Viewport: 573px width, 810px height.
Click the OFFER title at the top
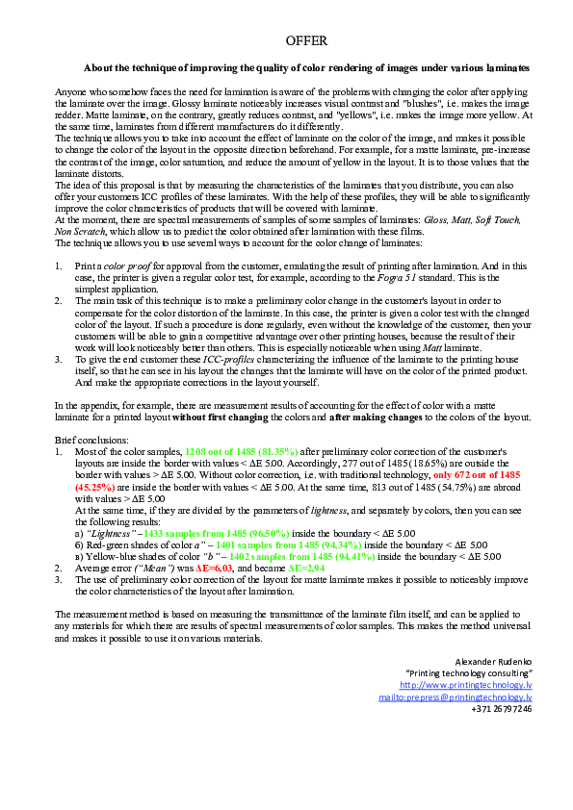tap(307, 41)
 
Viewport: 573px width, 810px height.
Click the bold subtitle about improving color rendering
tap(306, 68)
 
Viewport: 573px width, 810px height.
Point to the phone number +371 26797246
tap(502, 708)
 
